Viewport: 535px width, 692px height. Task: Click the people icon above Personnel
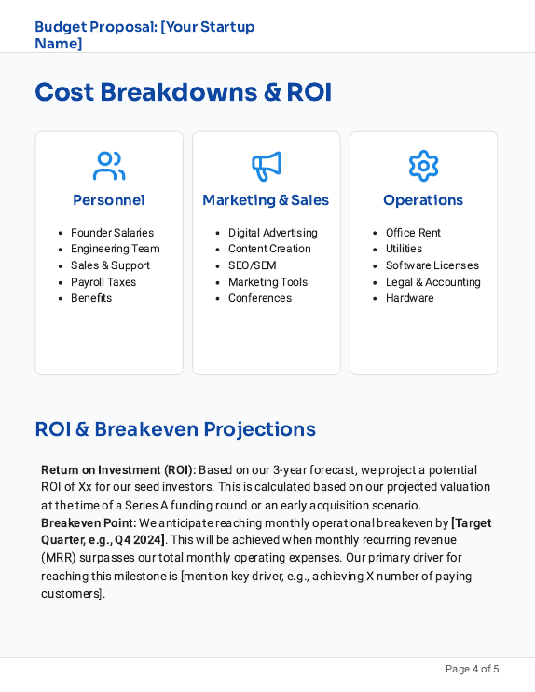(109, 166)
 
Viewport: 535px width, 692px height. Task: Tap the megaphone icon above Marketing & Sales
(266, 166)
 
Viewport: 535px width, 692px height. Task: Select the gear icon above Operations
(423, 166)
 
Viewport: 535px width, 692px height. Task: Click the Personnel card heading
(109, 200)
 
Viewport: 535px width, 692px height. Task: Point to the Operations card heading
(423, 200)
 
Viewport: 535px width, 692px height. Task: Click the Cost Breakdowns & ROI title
(183, 92)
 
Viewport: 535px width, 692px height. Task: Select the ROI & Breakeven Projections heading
(175, 429)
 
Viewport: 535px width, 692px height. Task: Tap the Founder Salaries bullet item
(112, 233)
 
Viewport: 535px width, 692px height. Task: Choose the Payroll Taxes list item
(103, 282)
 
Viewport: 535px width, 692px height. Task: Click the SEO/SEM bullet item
(253, 265)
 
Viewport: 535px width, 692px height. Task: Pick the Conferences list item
(260, 298)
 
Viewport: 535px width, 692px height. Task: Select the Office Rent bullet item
(413, 233)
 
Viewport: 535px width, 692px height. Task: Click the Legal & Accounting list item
(433, 282)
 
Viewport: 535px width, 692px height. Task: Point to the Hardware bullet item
(410, 298)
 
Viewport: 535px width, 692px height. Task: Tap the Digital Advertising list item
(273, 233)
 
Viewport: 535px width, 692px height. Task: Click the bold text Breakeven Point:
(89, 523)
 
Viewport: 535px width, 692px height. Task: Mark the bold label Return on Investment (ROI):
(118, 470)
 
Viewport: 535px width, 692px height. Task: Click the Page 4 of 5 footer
(472, 669)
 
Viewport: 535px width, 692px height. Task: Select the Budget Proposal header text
(144, 34)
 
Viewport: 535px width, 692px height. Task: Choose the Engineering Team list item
(116, 249)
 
